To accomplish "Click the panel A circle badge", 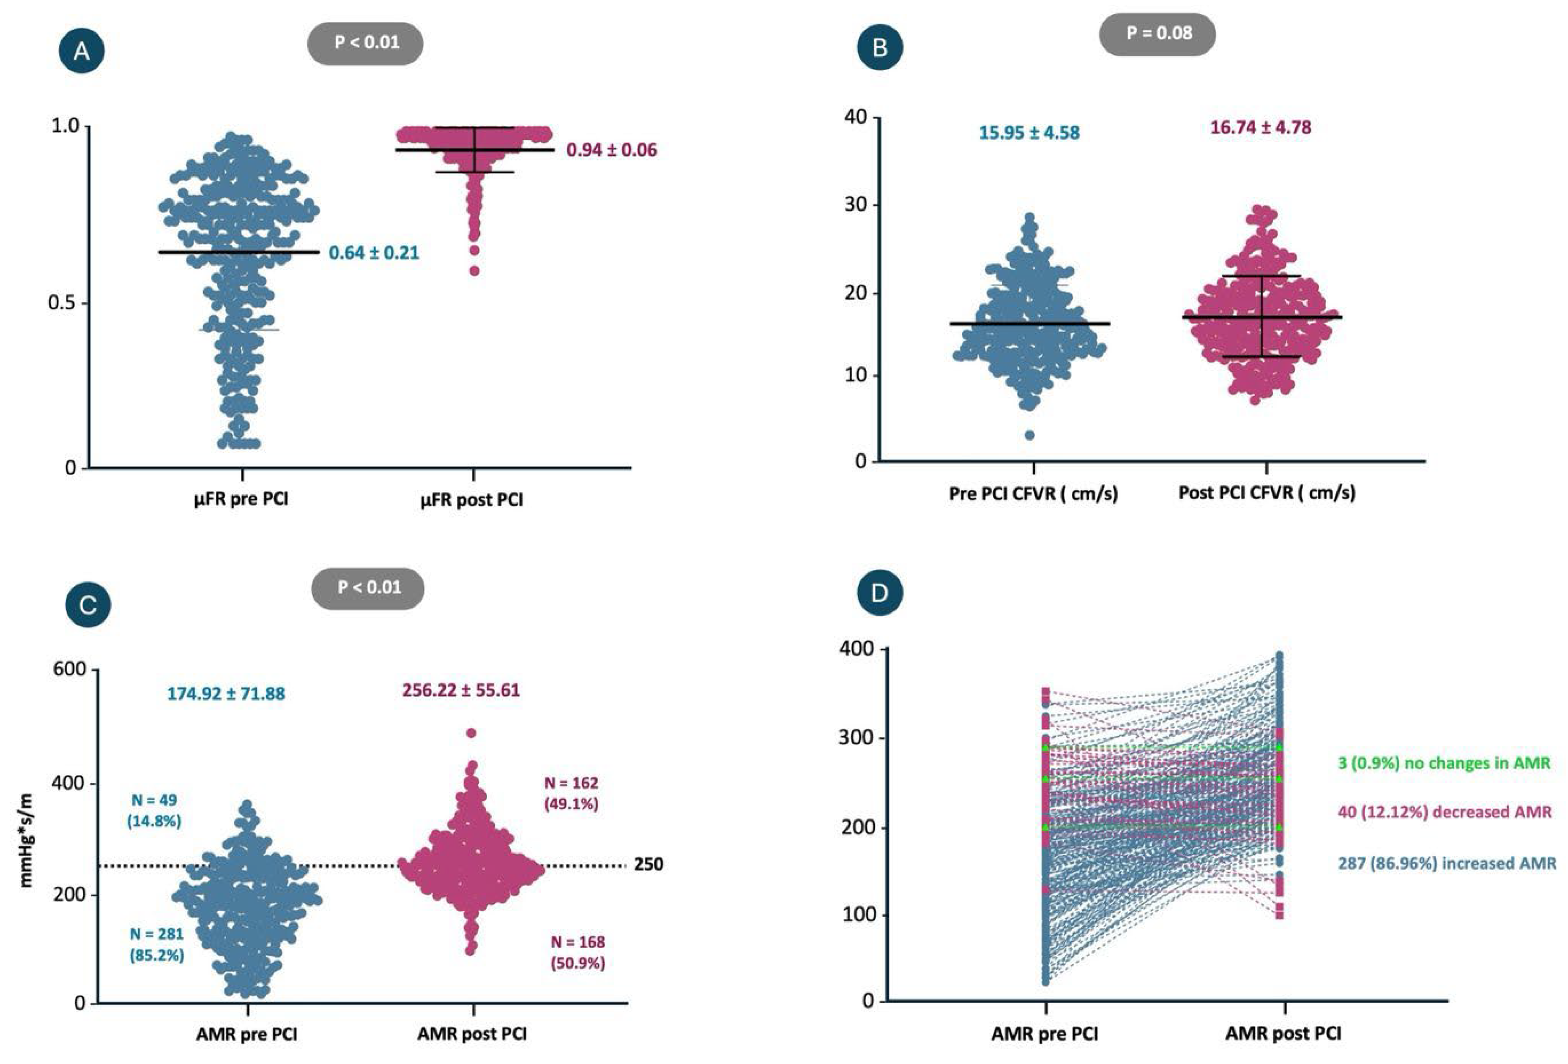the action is point(81,51).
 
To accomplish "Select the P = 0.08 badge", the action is point(1158,33).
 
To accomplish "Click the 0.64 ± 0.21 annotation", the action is point(374,253).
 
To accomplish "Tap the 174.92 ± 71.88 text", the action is point(226,693).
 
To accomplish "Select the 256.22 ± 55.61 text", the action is point(461,690).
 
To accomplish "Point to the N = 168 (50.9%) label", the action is point(578,952).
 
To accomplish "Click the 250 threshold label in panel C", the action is point(648,864).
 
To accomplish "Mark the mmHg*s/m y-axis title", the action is point(27,836).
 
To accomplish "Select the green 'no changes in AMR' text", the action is point(1444,763).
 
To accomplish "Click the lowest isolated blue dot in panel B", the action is point(1029,435).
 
